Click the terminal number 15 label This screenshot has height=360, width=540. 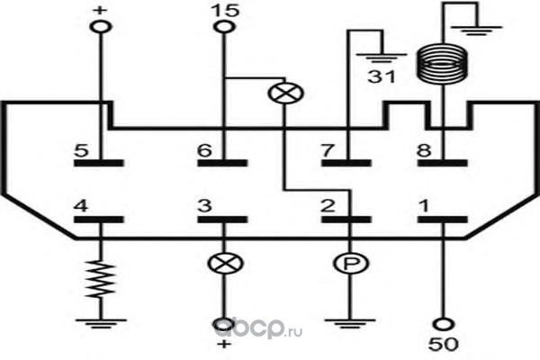tap(225, 10)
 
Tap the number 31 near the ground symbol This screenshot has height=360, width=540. tap(382, 76)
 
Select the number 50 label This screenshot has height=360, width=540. tap(443, 344)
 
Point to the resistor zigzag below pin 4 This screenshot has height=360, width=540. tap(101, 279)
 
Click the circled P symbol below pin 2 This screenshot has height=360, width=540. tap(351, 264)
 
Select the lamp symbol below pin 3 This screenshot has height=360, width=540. tap(225, 264)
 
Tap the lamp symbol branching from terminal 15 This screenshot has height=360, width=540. tap(285, 93)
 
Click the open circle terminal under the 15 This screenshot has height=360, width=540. tap(224, 26)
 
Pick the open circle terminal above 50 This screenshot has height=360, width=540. tap(443, 324)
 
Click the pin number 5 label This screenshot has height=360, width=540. tap(81, 150)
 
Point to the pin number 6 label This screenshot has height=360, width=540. tap(204, 150)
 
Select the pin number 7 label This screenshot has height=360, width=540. tap(328, 150)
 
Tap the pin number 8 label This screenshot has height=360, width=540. tap(424, 150)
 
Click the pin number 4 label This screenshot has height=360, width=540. tap(81, 206)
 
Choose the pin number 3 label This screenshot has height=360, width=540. tap(204, 206)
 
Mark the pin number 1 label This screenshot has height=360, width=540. tap(424, 206)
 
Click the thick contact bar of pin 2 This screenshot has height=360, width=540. tap(346, 220)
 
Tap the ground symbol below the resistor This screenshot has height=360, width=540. tap(101, 324)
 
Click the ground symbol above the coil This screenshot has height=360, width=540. tap(481, 31)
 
